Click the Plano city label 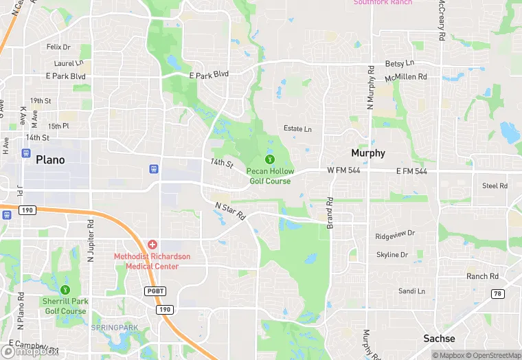[x=50, y=160]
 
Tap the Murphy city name [x=368, y=153]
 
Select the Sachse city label [x=439, y=339]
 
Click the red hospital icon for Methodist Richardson [x=152, y=245]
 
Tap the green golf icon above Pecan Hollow [x=270, y=160]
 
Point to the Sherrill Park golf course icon [x=65, y=290]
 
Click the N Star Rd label [x=230, y=211]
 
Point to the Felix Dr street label [x=58, y=47]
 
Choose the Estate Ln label [x=297, y=128]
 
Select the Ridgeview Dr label [x=396, y=235]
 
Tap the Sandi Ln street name [x=411, y=291]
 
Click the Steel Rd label [x=495, y=186]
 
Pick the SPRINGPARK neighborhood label [x=114, y=327]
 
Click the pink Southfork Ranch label [x=383, y=3]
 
